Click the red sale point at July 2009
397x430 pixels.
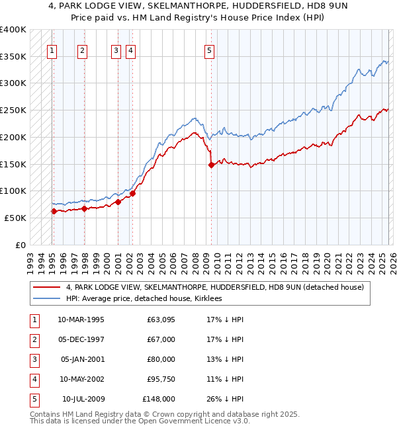211,165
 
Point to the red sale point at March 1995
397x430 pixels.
54,211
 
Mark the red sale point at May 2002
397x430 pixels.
132,193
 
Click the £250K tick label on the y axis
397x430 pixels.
13,110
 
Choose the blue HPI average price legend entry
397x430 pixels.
144,298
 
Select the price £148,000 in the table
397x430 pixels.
159,399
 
